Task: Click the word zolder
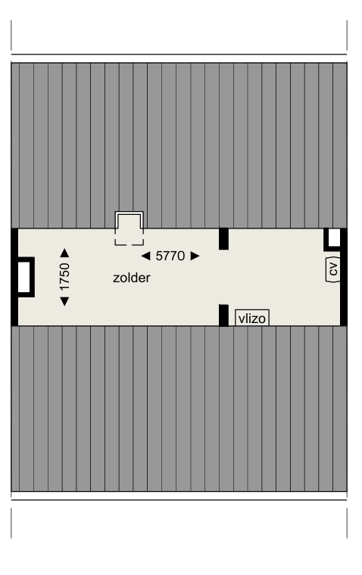132,278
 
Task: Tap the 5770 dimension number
170,256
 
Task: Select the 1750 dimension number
64,277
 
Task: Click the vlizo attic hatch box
252,318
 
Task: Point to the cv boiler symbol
332,269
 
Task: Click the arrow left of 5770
145,256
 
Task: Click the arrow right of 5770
195,256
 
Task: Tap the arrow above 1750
64,253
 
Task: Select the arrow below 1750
64,301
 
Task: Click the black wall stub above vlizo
223,239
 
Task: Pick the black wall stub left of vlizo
223,315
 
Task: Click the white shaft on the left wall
24,277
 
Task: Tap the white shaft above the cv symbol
334,238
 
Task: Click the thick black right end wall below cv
344,303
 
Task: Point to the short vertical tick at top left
11,36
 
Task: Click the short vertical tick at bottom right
347,524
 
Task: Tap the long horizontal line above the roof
179,54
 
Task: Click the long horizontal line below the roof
179,500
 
